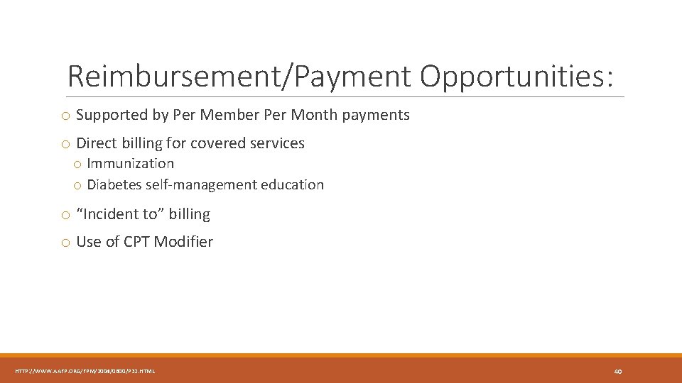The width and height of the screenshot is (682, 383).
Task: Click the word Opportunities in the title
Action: (x=516, y=77)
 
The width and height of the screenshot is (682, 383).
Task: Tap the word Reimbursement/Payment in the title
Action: (x=239, y=77)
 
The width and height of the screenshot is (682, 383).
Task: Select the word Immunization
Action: (x=130, y=163)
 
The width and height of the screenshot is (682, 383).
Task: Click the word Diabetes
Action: (x=114, y=185)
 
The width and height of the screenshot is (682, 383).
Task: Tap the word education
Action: (x=292, y=185)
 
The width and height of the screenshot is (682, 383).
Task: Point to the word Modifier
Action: (x=183, y=242)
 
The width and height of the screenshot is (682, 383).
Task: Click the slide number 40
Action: (x=617, y=371)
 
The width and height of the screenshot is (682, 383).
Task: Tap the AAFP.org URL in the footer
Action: (x=85, y=371)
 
